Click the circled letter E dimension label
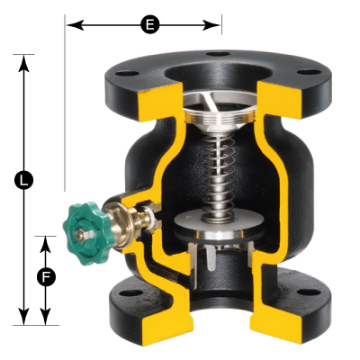tap(149, 25)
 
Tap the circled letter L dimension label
tap(23, 180)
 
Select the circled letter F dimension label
tap(46, 277)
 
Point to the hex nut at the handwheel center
tap(81, 235)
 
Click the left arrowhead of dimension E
tap(75, 25)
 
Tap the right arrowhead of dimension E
tap(211, 25)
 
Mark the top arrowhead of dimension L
tap(23, 64)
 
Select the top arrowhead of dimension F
tap(46, 245)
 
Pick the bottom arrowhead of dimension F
tap(46, 316)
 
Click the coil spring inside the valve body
tap(220, 177)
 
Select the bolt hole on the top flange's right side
tap(309, 72)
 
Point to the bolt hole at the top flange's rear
tap(219, 54)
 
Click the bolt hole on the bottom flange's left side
tap(131, 293)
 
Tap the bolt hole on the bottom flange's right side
tap(309, 292)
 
